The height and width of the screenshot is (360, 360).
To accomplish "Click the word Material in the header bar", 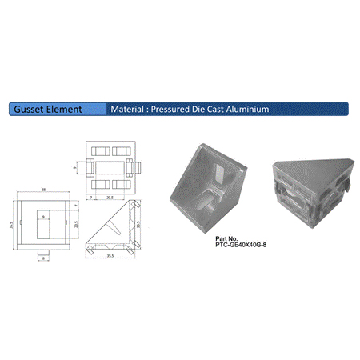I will pos(128,108).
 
